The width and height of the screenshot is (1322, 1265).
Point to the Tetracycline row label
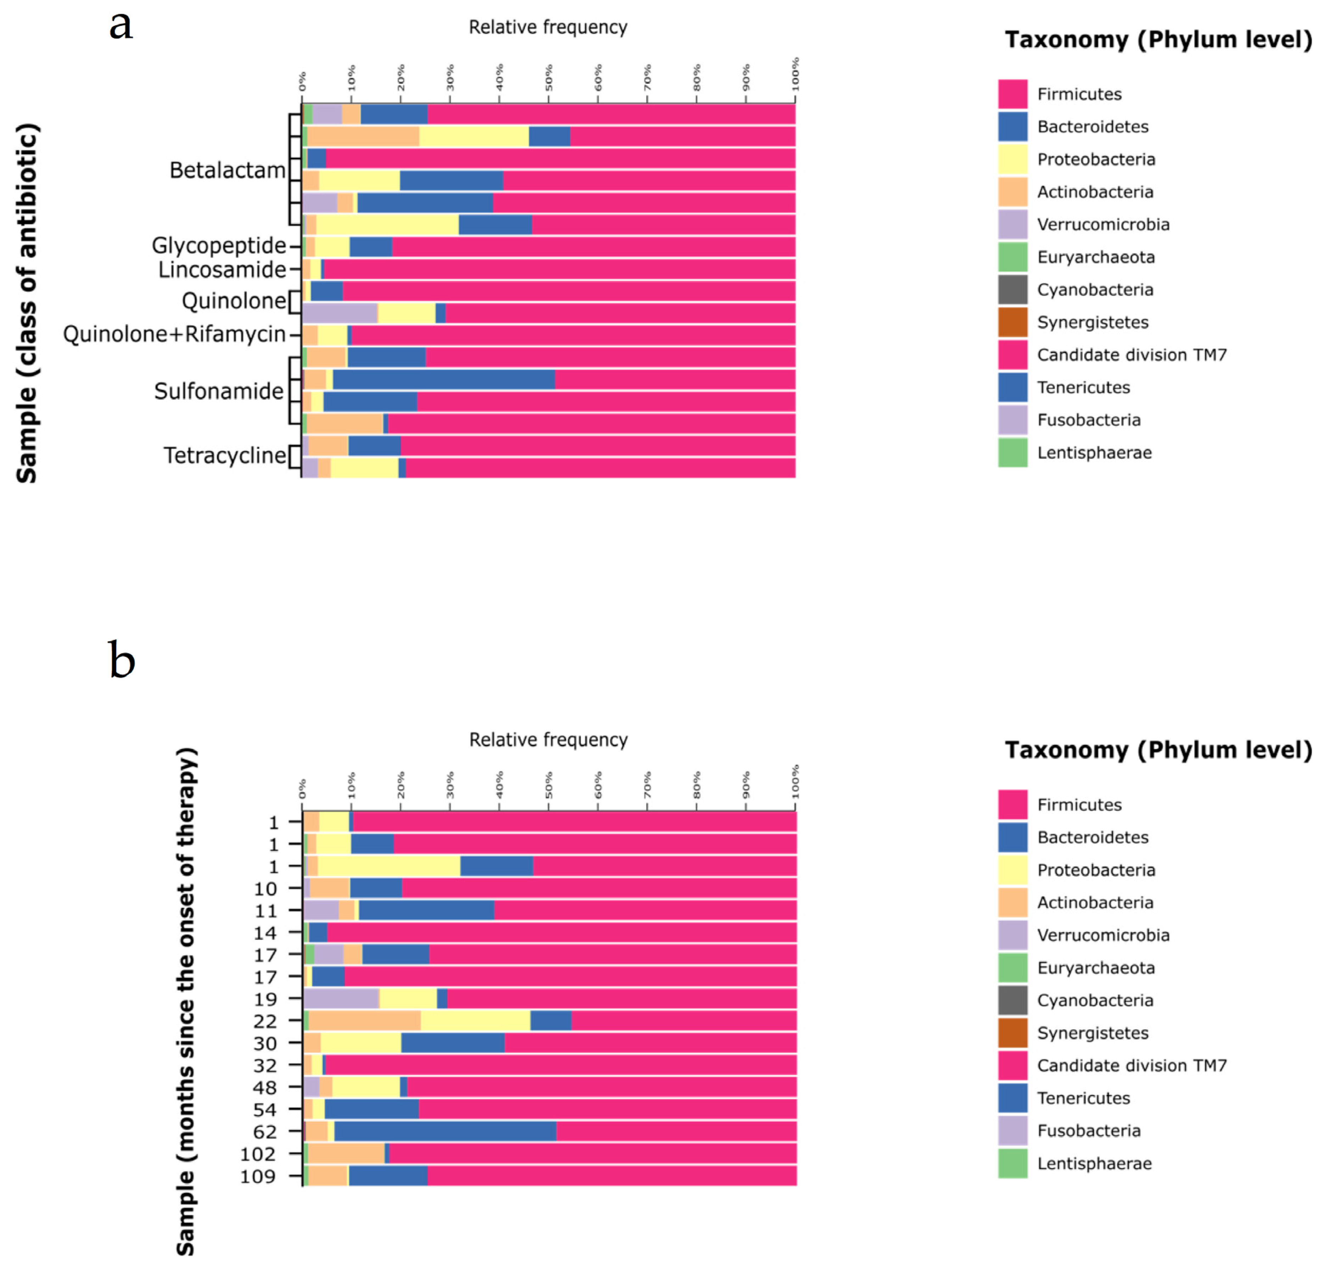[224, 456]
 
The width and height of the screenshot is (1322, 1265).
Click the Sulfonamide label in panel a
[218, 391]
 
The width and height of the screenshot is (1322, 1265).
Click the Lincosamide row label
[222, 270]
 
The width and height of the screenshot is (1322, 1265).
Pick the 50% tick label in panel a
[549, 78]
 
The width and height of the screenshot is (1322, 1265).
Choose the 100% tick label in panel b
[795, 781]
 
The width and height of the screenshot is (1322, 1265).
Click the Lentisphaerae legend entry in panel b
[1093, 1163]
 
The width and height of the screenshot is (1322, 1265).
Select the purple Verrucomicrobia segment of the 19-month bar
[341, 999]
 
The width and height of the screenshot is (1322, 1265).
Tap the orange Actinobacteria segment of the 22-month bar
[364, 1021]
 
